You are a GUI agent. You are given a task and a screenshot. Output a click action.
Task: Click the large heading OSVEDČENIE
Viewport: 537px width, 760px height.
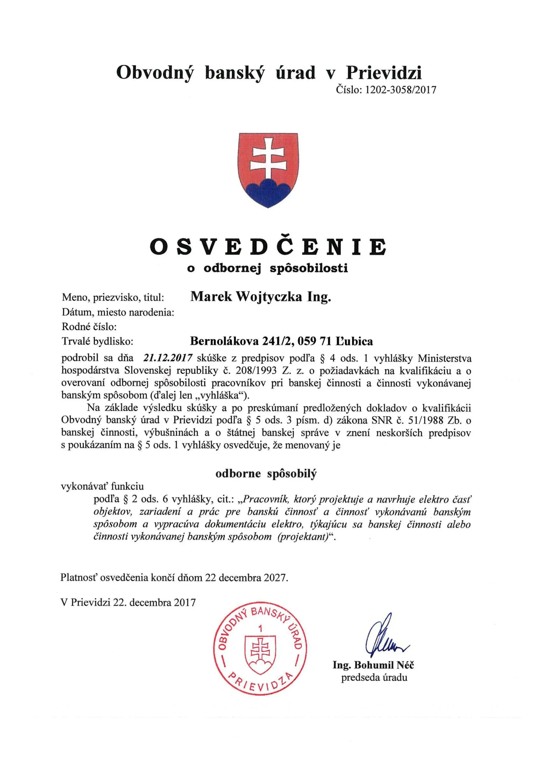[x=268, y=247]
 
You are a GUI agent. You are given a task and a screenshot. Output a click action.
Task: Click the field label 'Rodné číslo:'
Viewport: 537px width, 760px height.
[x=89, y=327]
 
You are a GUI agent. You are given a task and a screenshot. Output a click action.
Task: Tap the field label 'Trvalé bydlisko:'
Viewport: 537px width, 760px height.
[x=97, y=341]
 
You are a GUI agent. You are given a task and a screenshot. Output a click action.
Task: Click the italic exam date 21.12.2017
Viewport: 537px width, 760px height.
[x=168, y=358]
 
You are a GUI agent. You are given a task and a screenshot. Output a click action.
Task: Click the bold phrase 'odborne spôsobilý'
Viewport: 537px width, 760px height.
[x=266, y=474]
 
